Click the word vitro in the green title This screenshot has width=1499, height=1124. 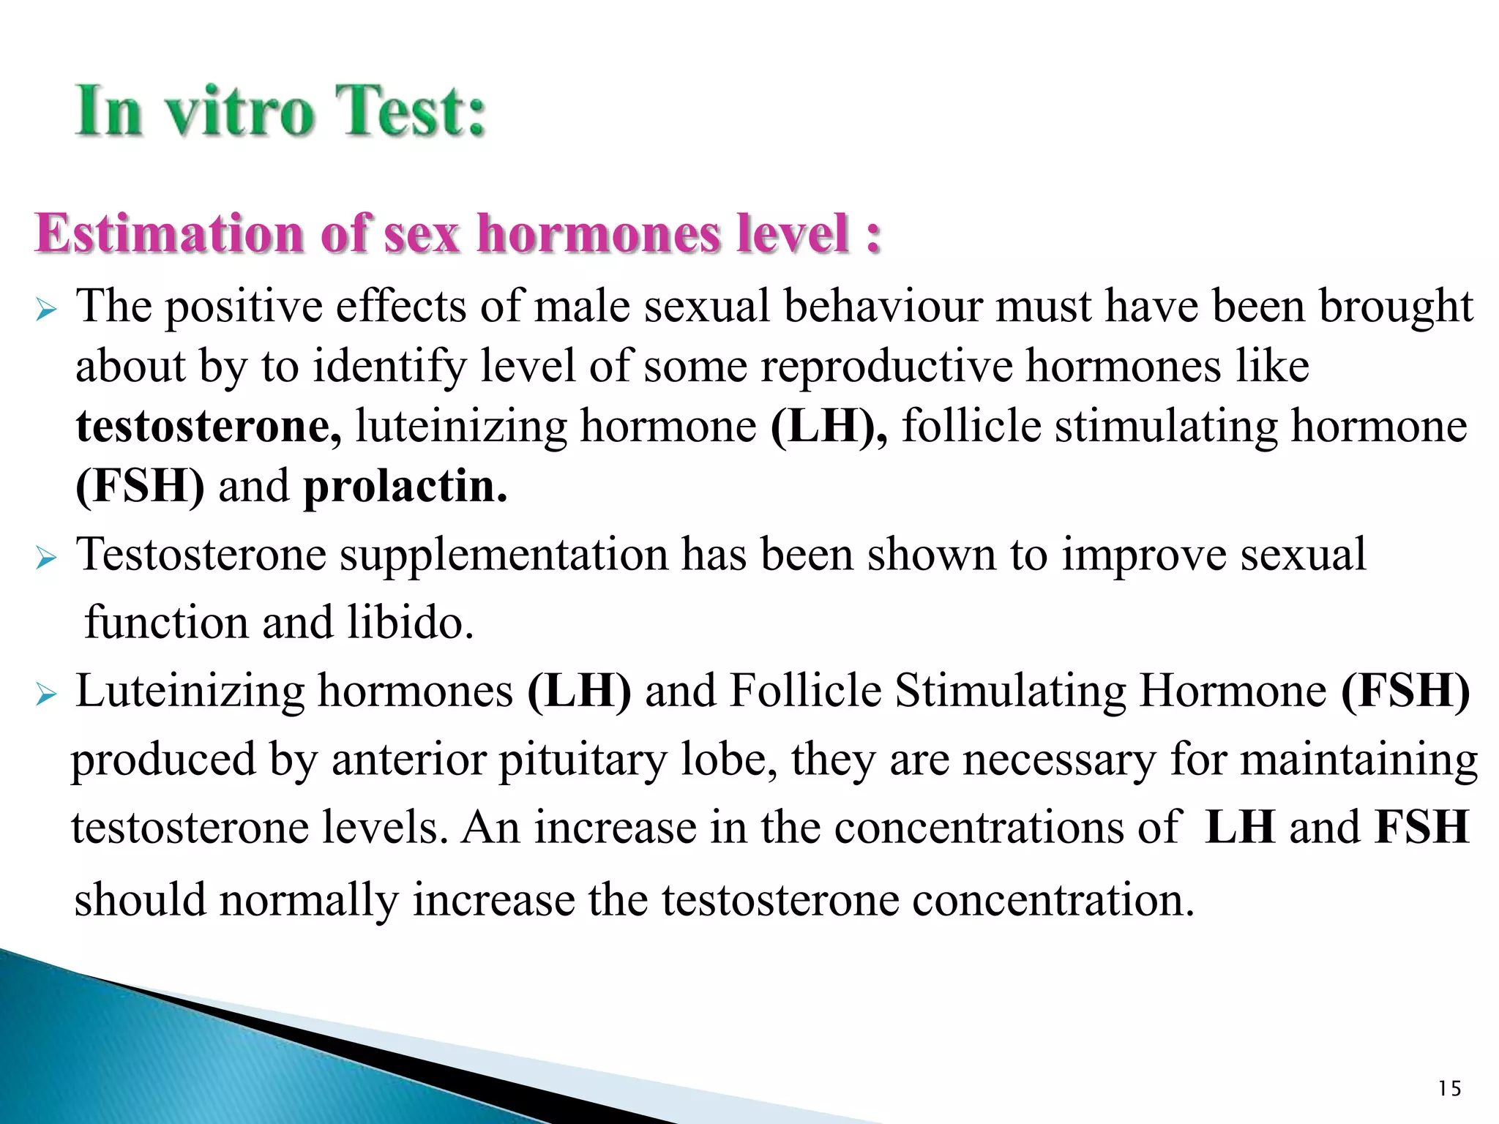tap(239, 112)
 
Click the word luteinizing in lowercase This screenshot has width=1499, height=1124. tap(461, 427)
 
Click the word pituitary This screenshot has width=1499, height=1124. tap(583, 760)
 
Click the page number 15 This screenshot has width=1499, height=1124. tap(1449, 1089)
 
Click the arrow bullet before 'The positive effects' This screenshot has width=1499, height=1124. tap(45, 311)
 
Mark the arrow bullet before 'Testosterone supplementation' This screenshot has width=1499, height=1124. tap(45, 560)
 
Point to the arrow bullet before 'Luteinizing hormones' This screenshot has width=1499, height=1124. tap(45, 696)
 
